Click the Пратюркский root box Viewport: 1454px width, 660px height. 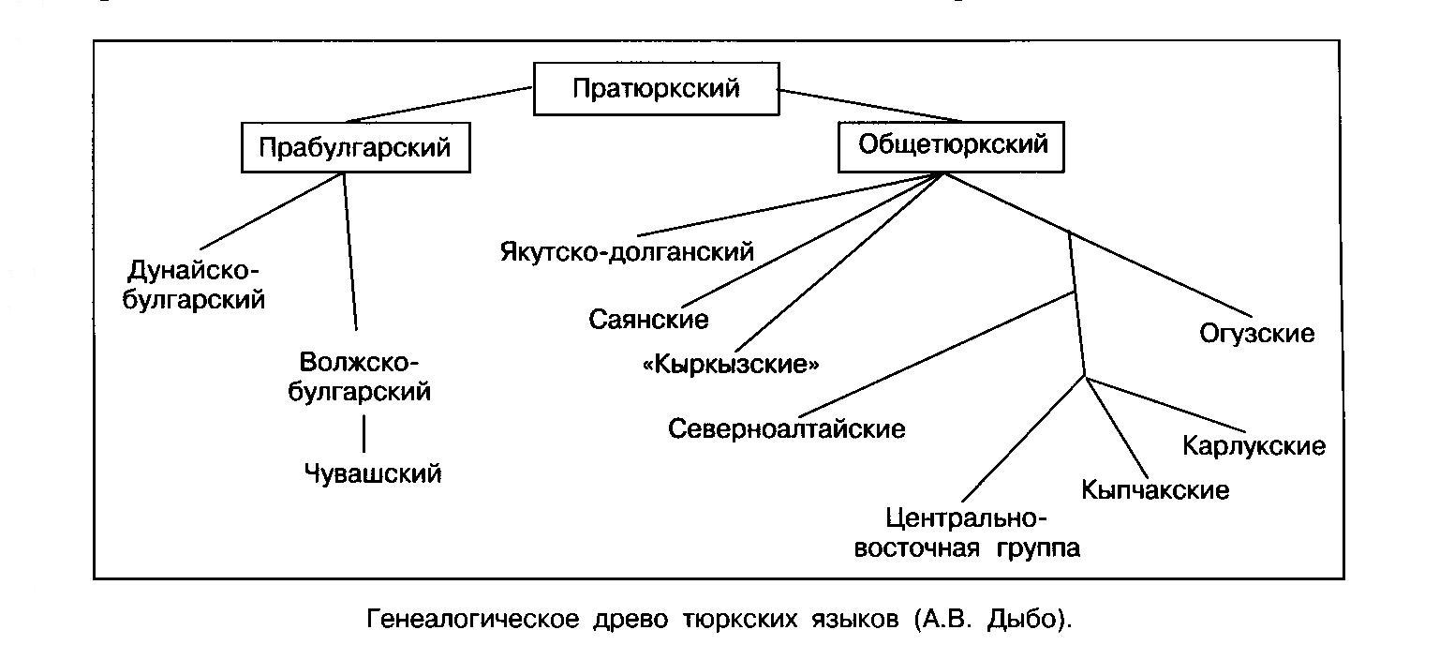[x=656, y=89]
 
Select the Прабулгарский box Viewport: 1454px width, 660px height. [x=355, y=148]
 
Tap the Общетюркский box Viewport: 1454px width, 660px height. [x=952, y=147]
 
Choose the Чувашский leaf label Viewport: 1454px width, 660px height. [x=372, y=473]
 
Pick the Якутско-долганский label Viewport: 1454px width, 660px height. [x=628, y=251]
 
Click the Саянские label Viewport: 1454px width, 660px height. [x=648, y=320]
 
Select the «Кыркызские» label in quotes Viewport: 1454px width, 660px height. [x=731, y=364]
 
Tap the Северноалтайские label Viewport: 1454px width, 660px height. [x=787, y=429]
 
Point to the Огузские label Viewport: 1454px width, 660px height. [x=1257, y=333]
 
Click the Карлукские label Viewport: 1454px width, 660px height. [x=1254, y=445]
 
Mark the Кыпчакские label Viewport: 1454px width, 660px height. [x=1154, y=490]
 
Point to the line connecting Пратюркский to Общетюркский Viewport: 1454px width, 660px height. [x=871, y=105]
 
